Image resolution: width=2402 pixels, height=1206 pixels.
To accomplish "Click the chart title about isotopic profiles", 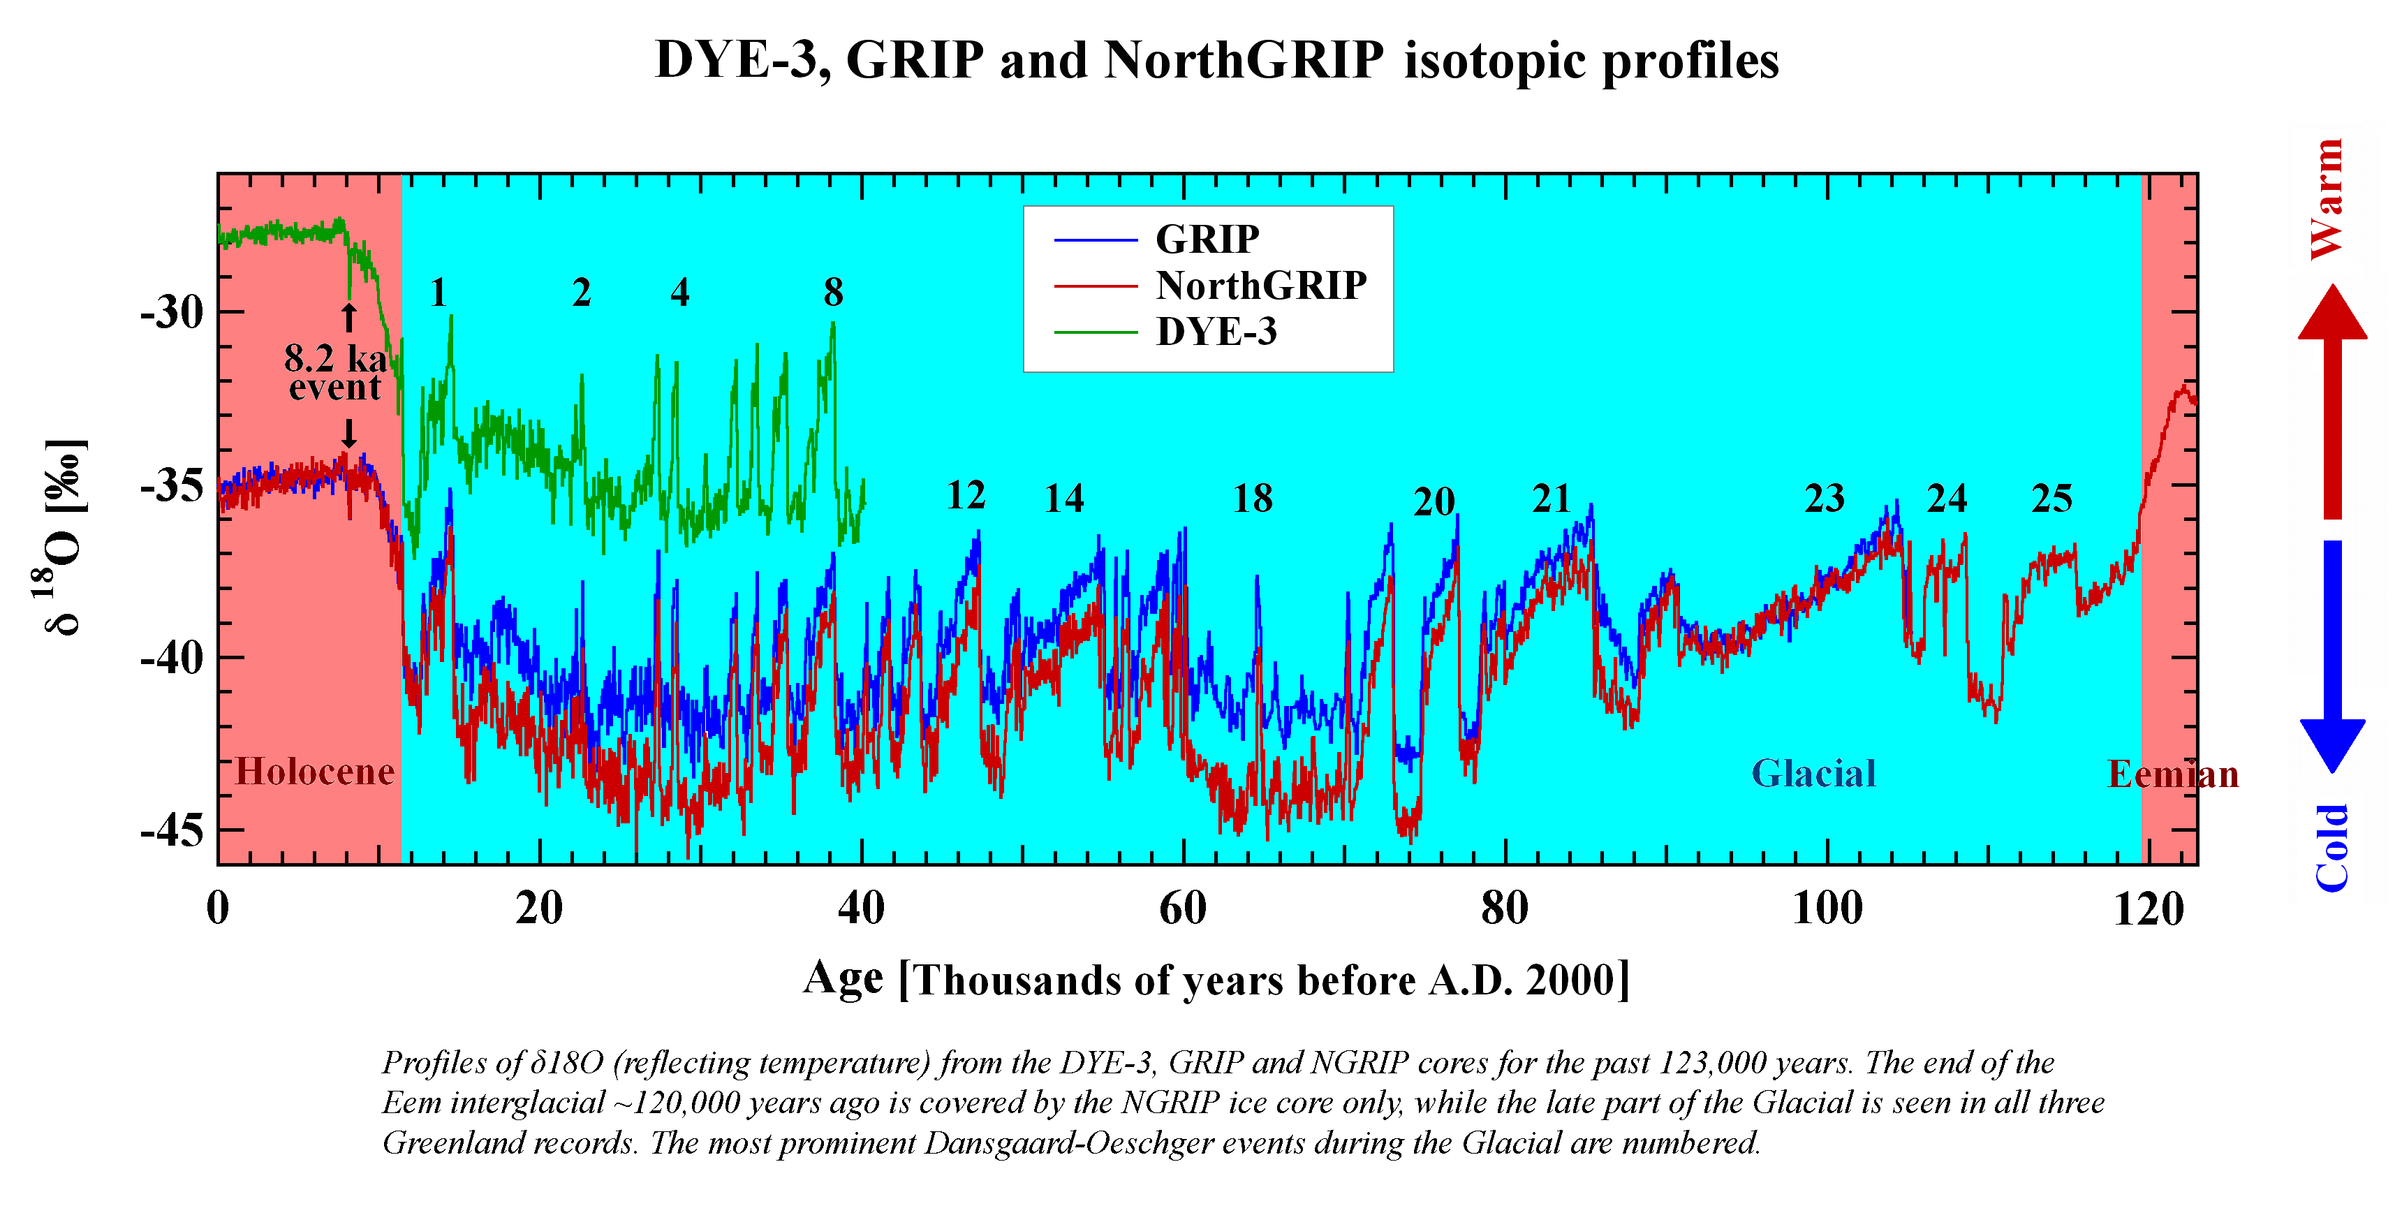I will click(1217, 61).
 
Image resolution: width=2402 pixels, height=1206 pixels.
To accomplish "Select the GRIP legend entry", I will click(1207, 240).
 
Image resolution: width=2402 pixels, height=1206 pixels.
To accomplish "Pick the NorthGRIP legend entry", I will click(1260, 286).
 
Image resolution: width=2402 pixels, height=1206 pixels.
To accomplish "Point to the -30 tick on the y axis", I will click(172, 312).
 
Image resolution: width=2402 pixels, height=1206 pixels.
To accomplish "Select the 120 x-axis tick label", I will click(2149, 908).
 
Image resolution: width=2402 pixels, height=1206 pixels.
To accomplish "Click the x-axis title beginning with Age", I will click(1217, 979).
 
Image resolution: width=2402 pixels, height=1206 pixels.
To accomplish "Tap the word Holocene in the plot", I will click(314, 772).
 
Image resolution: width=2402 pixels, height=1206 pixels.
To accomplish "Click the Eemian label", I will click(2172, 774).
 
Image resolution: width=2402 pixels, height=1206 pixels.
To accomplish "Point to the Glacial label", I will click(1813, 773).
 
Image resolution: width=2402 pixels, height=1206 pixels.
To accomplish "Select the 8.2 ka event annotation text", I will click(334, 372).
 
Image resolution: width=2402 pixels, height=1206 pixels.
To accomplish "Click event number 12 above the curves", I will click(965, 495).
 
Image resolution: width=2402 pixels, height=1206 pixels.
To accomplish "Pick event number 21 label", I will click(1552, 499).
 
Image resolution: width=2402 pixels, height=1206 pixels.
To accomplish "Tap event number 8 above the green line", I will click(833, 293).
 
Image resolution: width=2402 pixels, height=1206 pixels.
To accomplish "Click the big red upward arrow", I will click(2332, 401).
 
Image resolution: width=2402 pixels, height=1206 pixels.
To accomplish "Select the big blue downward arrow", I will click(2332, 653).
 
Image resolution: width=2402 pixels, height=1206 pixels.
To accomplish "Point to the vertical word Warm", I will click(2327, 198).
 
